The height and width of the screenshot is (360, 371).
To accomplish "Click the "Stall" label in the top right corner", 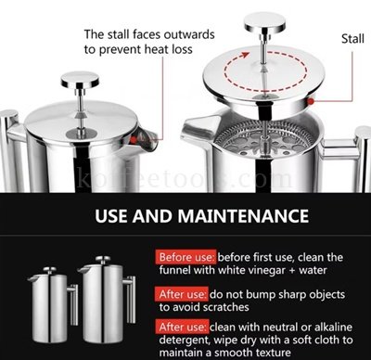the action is (352, 39).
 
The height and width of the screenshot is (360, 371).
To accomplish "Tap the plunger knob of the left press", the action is (80, 80).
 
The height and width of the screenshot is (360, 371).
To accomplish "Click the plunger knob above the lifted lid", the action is (265, 22).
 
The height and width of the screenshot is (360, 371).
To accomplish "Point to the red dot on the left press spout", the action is (134, 140).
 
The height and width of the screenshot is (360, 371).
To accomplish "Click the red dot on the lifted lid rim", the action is (311, 101).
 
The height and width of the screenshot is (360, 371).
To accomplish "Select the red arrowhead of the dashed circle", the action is (245, 56).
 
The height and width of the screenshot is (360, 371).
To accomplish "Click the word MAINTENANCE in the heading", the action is (243, 216).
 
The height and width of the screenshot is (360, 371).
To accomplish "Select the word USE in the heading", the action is (112, 216).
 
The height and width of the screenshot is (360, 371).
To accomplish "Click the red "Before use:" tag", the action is (185, 257).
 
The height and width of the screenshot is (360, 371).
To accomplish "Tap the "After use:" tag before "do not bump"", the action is (182, 294).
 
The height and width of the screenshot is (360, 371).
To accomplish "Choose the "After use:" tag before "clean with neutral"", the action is (183, 327).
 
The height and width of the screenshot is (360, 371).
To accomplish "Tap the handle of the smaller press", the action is (73, 304).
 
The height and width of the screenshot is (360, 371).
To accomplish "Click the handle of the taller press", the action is (130, 300).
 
